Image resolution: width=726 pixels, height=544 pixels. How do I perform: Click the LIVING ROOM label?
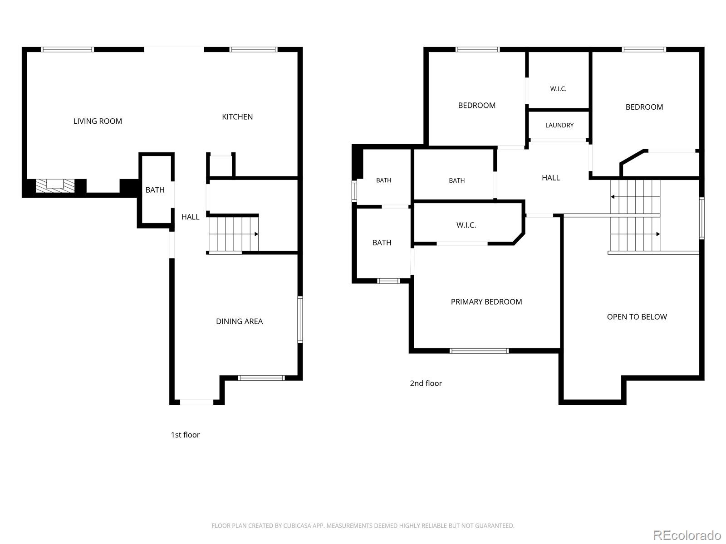click(x=98, y=121)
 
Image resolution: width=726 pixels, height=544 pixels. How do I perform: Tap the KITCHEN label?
click(x=237, y=117)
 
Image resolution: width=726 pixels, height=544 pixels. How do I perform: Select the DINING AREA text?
click(x=239, y=321)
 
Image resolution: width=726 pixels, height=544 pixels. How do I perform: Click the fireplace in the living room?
click(x=55, y=185)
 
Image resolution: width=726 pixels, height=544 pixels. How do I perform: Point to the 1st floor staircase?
click(x=234, y=233)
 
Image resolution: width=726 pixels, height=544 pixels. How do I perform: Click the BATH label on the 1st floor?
click(x=155, y=190)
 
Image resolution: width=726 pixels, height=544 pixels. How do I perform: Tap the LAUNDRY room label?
click(x=559, y=125)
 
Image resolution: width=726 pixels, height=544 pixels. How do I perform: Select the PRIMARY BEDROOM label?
click(x=486, y=302)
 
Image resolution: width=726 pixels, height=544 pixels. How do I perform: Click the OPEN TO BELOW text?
click(x=637, y=317)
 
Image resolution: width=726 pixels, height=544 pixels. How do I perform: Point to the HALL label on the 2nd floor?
click(x=551, y=178)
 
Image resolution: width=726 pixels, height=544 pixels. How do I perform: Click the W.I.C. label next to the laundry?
click(x=558, y=89)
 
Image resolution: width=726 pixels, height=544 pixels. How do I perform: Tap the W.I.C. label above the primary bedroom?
click(x=466, y=225)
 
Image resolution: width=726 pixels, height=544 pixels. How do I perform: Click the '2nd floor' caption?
click(x=426, y=383)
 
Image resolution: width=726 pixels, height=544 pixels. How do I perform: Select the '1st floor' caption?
click(x=185, y=435)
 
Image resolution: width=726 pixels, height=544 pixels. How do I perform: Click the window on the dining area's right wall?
click(x=300, y=320)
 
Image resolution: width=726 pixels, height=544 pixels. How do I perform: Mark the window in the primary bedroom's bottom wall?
click(x=479, y=351)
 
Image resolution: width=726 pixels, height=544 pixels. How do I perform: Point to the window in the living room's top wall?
click(x=68, y=49)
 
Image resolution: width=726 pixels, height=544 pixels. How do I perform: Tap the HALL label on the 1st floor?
click(x=190, y=217)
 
